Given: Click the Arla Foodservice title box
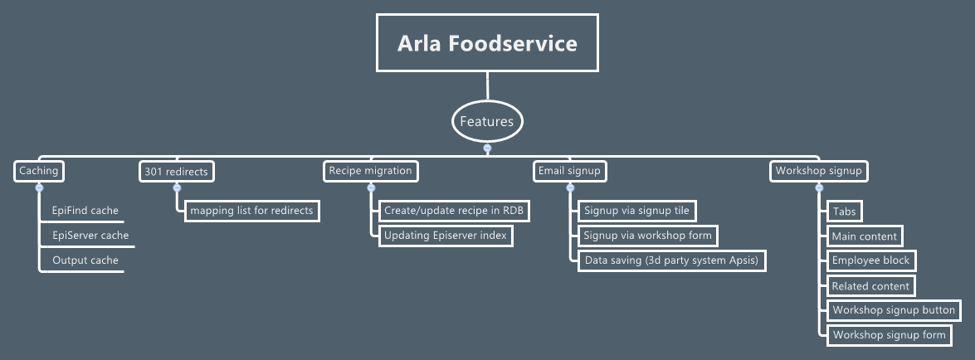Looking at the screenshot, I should (x=487, y=43).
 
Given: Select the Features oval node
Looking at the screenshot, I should (x=487, y=121).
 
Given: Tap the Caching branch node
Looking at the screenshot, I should (x=39, y=171).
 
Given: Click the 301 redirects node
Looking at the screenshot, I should (x=177, y=171).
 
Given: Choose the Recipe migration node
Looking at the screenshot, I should (x=370, y=171).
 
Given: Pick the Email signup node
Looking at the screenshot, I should (x=570, y=171).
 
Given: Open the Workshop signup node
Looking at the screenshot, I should (x=819, y=171).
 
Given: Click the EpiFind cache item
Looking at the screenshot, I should (x=85, y=211).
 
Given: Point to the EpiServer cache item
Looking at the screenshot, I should (x=90, y=236).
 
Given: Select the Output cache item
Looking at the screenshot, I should (x=85, y=260).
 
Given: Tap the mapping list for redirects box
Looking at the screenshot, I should (x=251, y=211).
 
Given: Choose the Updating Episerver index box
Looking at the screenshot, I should (x=445, y=236).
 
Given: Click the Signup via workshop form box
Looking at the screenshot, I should (x=648, y=236).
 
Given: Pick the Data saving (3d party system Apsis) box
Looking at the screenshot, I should (x=671, y=260).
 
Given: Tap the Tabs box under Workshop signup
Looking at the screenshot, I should (x=844, y=211).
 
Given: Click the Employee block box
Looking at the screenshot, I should (x=871, y=260).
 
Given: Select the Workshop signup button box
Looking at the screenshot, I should (x=894, y=310).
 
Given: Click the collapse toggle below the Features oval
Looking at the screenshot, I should (x=487, y=148).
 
